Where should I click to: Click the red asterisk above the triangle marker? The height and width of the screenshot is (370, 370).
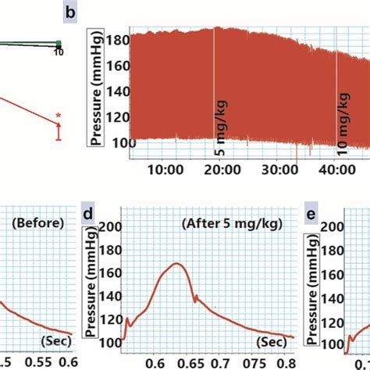tap(58, 115)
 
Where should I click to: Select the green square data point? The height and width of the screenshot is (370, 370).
tap(58, 44)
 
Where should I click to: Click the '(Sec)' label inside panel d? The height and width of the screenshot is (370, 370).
tap(269, 341)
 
